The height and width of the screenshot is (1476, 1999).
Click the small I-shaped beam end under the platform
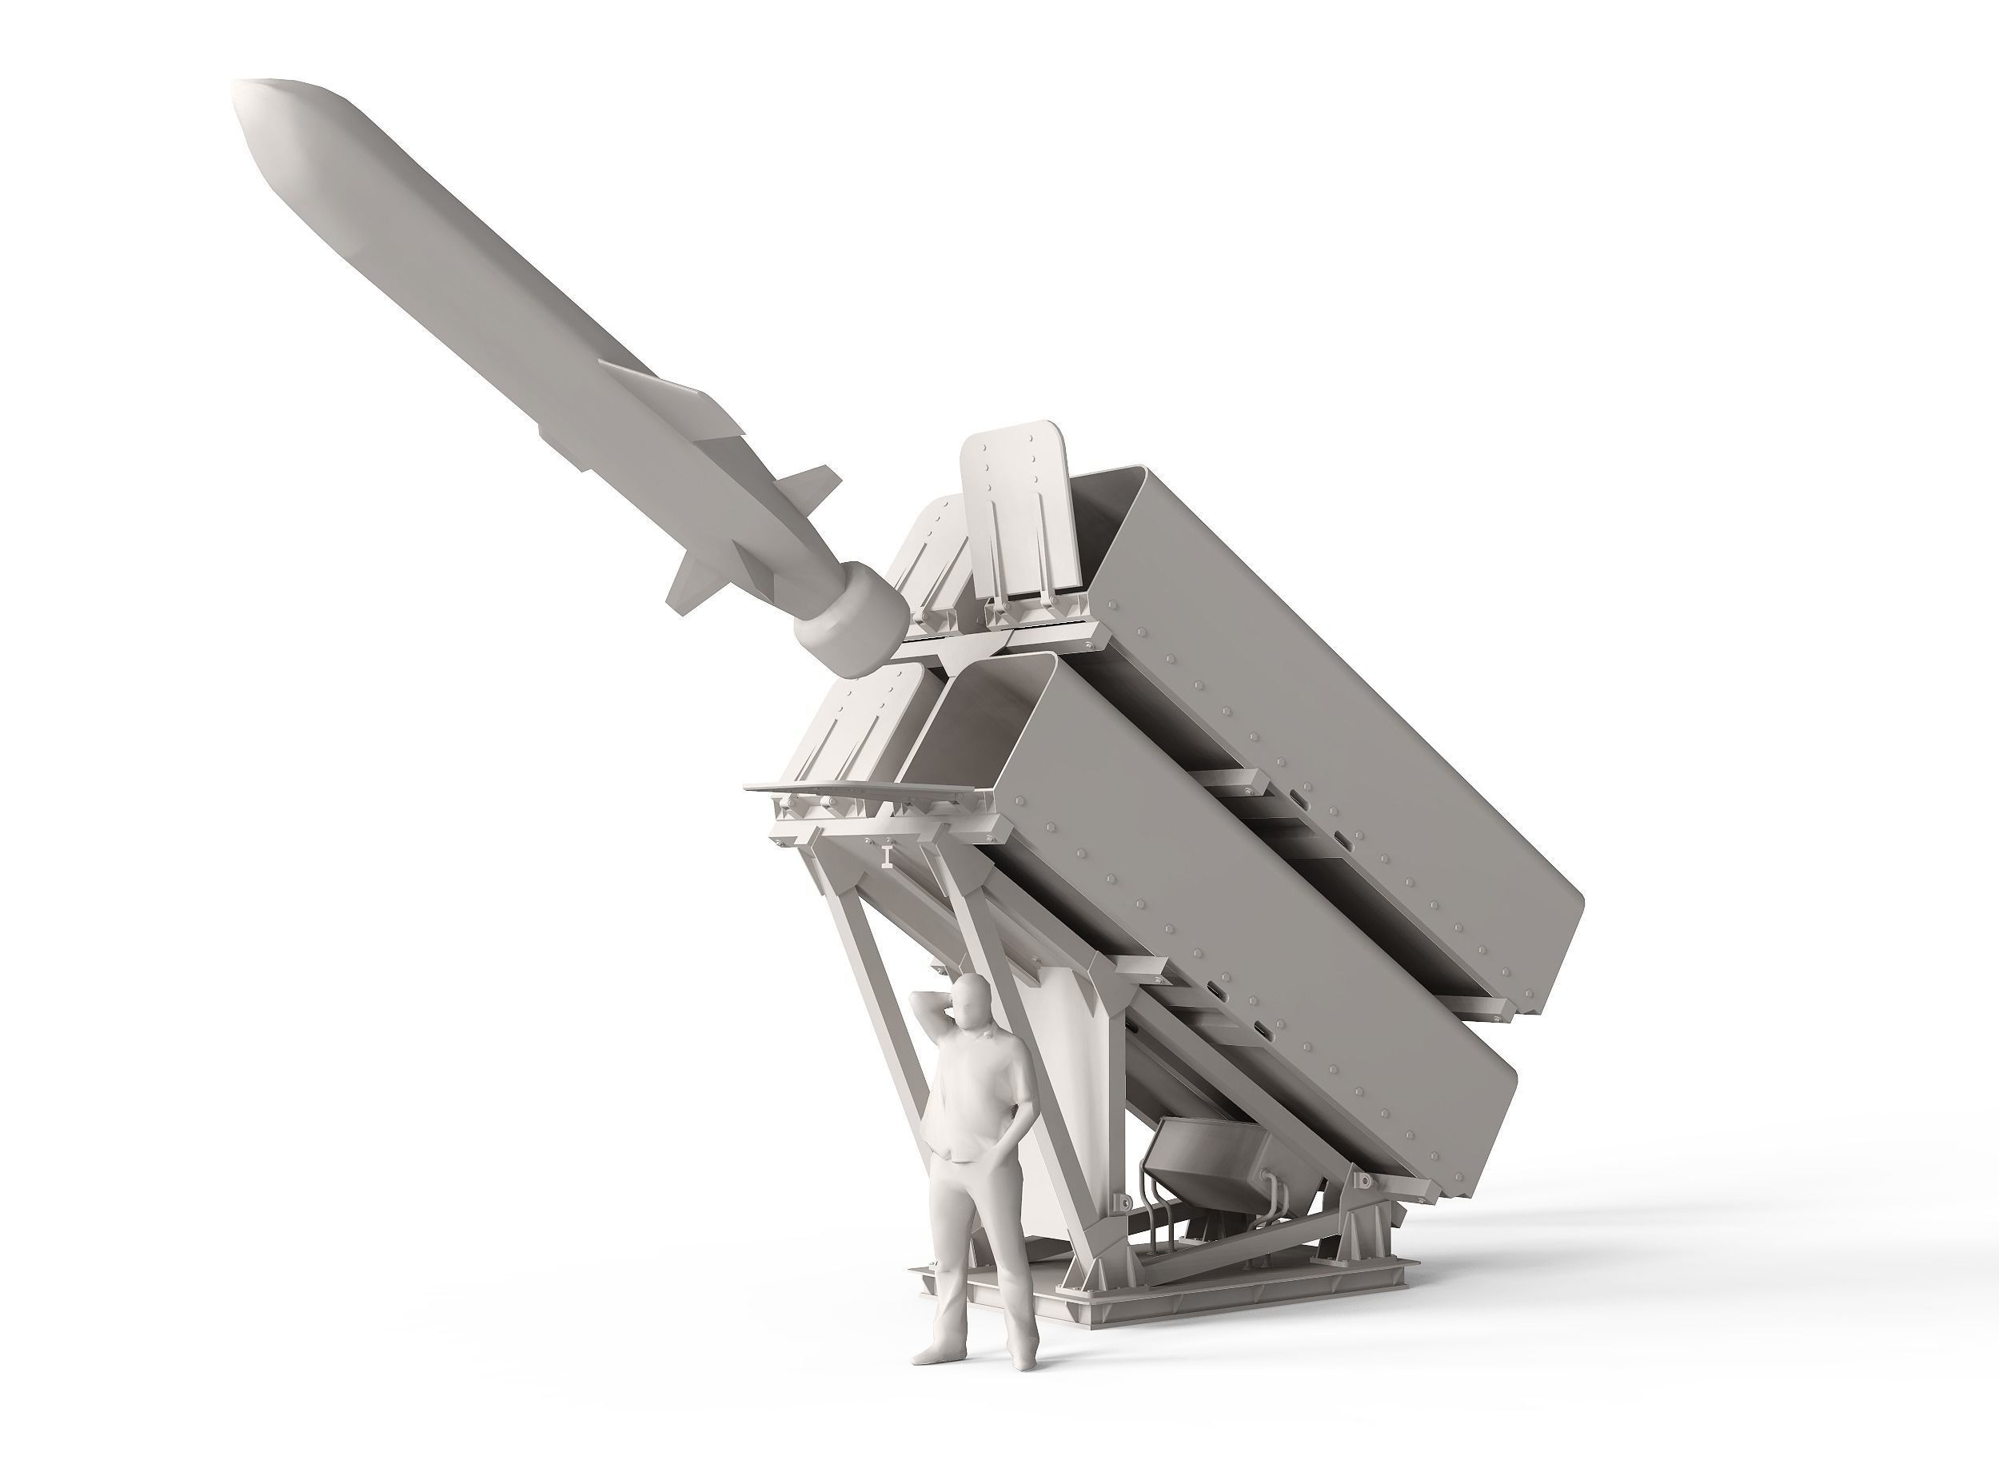point(886,856)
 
